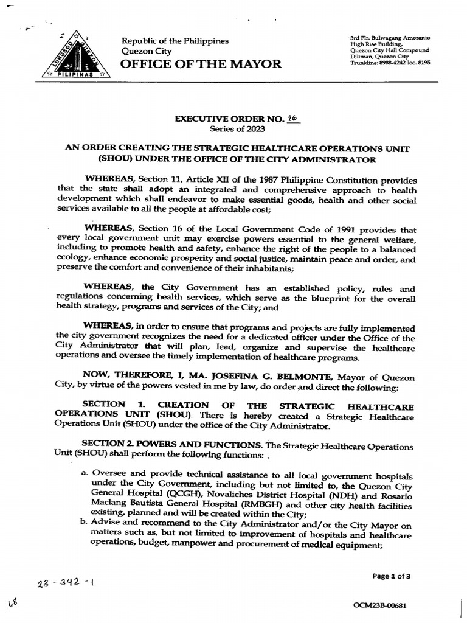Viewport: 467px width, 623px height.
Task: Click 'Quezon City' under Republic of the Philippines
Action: click(147, 52)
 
